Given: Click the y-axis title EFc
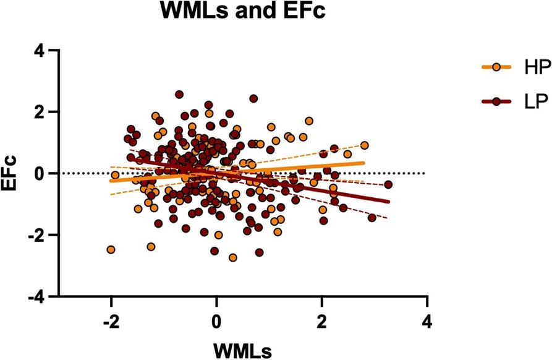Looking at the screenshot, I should click(11, 174).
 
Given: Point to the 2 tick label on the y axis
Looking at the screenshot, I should click(38, 112).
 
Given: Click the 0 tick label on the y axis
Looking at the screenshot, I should click(38, 174).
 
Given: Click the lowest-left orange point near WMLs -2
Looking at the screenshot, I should click(111, 250).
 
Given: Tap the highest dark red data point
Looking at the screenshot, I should click(179, 95).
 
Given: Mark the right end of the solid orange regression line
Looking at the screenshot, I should click(364, 163).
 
